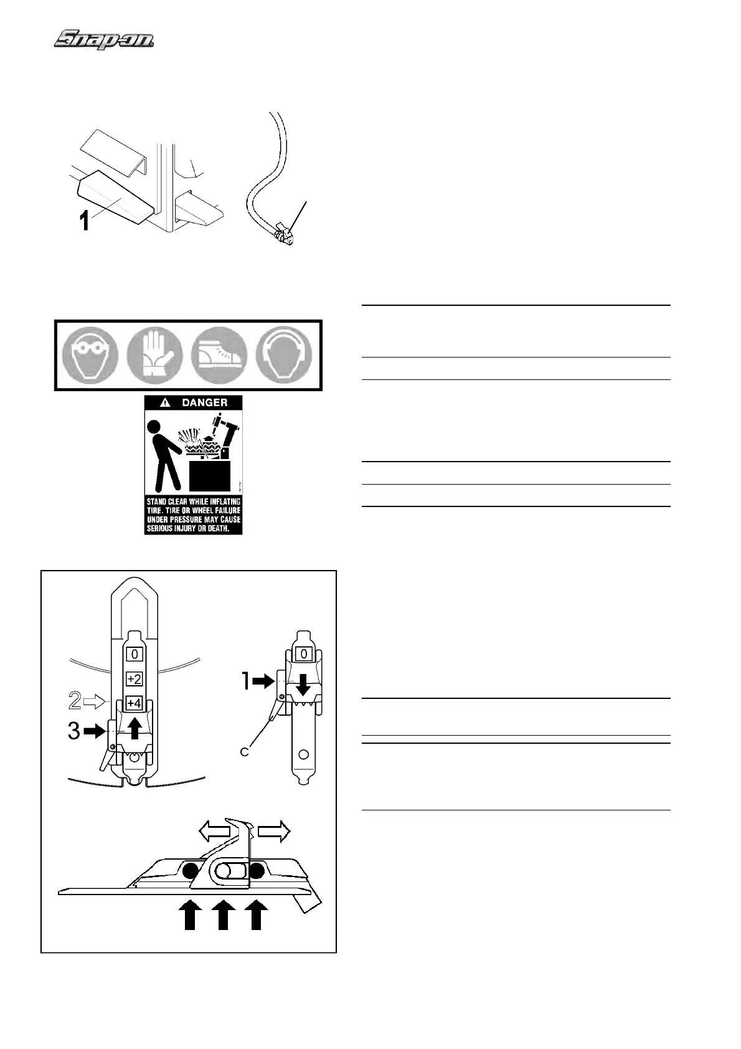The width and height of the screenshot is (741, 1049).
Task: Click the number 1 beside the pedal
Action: [x=84, y=221]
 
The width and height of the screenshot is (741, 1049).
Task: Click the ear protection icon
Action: [x=284, y=355]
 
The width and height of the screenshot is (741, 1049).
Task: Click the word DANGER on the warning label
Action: [x=204, y=402]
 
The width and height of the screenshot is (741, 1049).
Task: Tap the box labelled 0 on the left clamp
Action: [x=134, y=655]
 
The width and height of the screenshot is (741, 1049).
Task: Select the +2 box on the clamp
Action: [x=134, y=678]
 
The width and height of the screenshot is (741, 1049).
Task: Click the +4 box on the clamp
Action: [x=134, y=703]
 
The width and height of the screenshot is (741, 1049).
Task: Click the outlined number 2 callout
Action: [x=75, y=702]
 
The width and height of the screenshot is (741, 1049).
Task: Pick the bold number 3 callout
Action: [x=74, y=731]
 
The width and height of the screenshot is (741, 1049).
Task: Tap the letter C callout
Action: [x=245, y=752]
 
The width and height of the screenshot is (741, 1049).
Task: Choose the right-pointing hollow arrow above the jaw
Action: [x=274, y=831]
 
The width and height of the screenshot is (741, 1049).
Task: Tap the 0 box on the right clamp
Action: [x=303, y=654]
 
